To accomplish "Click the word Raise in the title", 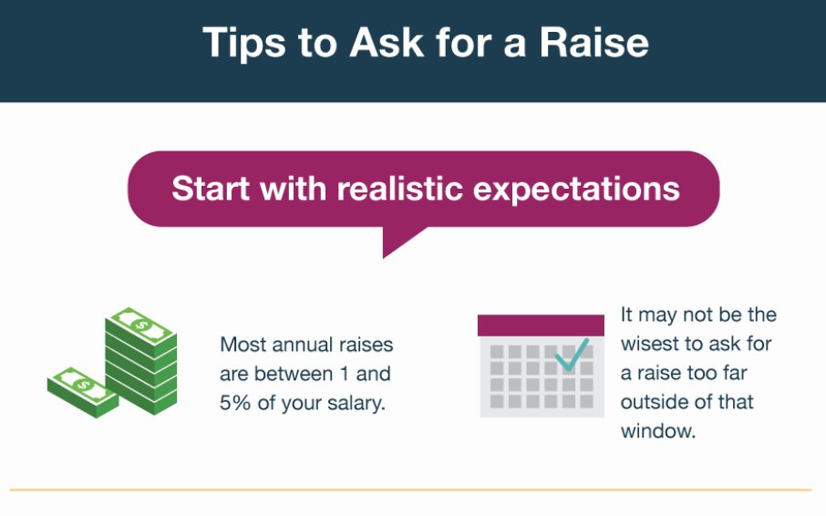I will pos(594,43).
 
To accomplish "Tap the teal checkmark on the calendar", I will pos(572,355).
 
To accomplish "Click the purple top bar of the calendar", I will pos(541,325).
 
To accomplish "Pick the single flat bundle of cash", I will pos(82,390).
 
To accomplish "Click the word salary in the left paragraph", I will pos(351,402).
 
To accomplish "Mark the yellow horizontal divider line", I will pos(410,490).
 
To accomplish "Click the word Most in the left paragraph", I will pos(242,346).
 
